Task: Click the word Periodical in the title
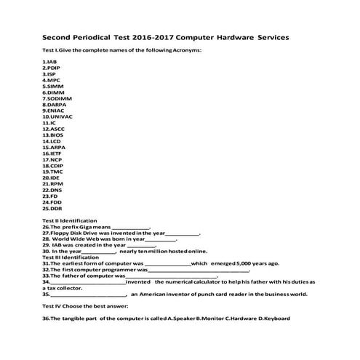tap(103, 36)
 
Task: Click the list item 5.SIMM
tap(52, 86)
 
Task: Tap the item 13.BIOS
tap(53, 135)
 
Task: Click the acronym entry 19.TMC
tap(53, 171)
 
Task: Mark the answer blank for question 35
tap(88, 295)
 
